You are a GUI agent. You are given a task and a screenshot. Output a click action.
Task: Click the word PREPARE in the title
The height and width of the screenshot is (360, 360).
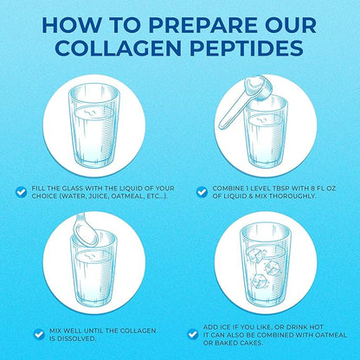(x=202, y=25)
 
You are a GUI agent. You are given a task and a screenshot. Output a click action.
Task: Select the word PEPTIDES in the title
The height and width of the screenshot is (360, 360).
(x=247, y=48)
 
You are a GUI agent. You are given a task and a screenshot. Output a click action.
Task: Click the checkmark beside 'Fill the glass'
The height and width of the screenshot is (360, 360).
(x=21, y=192)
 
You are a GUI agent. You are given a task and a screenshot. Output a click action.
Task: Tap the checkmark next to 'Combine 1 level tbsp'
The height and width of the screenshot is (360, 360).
(x=202, y=192)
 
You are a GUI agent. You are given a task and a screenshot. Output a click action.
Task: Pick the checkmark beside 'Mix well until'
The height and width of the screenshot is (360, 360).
(x=39, y=334)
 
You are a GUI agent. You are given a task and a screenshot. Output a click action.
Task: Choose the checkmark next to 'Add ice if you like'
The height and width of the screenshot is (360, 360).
(x=193, y=335)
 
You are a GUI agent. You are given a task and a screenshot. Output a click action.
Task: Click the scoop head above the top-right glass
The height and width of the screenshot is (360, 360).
(x=258, y=87)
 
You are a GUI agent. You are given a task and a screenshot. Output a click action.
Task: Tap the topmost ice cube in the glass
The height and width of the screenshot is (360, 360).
(x=254, y=254)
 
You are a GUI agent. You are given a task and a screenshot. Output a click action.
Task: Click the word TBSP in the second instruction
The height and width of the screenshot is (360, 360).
(x=281, y=189)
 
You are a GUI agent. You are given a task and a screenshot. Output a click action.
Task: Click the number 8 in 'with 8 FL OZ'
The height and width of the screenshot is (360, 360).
(x=312, y=189)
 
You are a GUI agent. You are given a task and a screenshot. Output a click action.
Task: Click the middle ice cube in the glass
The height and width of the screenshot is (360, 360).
(x=273, y=267)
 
